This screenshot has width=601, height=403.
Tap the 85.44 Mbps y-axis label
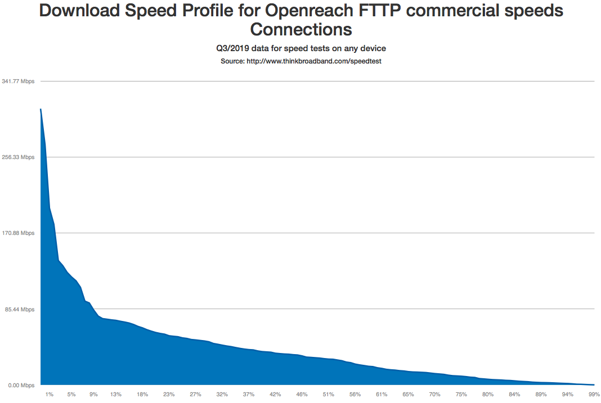coord(20,309)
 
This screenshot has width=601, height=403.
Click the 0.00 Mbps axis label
coord(21,385)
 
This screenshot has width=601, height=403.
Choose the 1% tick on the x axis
coord(50,395)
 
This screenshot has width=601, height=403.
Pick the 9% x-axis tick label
coord(93,395)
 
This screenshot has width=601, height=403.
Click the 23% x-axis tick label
coord(169,395)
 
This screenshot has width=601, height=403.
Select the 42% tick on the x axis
coord(275,395)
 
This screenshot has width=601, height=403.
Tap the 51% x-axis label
coord(329,395)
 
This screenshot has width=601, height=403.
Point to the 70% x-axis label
coord(435,395)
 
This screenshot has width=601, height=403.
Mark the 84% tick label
coord(514,395)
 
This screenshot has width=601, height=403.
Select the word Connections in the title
coord(301,29)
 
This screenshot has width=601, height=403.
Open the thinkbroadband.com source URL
coord(314,61)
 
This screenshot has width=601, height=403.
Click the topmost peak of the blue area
coord(41,109)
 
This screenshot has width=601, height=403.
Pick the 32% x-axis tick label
coord(222,395)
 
